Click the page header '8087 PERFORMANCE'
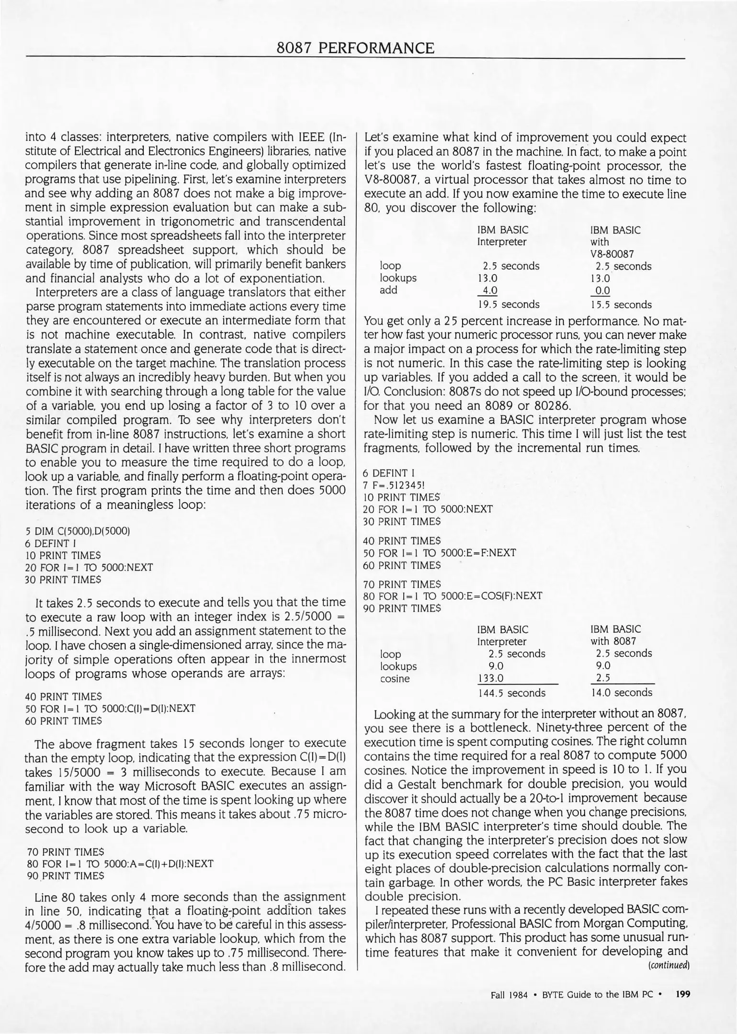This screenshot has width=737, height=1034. [x=356, y=48]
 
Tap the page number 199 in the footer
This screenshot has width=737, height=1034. [x=682, y=994]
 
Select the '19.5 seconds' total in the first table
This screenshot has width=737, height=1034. [x=508, y=304]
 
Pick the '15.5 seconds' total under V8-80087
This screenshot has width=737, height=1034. [x=621, y=305]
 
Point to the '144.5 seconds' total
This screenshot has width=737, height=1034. [x=511, y=693]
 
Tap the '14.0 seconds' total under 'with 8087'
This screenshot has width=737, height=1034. [x=621, y=692]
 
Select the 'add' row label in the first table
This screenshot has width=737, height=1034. [x=388, y=290]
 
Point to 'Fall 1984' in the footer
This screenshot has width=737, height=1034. [x=509, y=995]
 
